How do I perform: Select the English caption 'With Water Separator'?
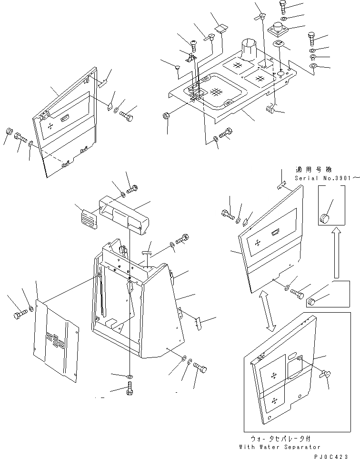pos(280,447)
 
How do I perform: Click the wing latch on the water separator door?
pos(326,375)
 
